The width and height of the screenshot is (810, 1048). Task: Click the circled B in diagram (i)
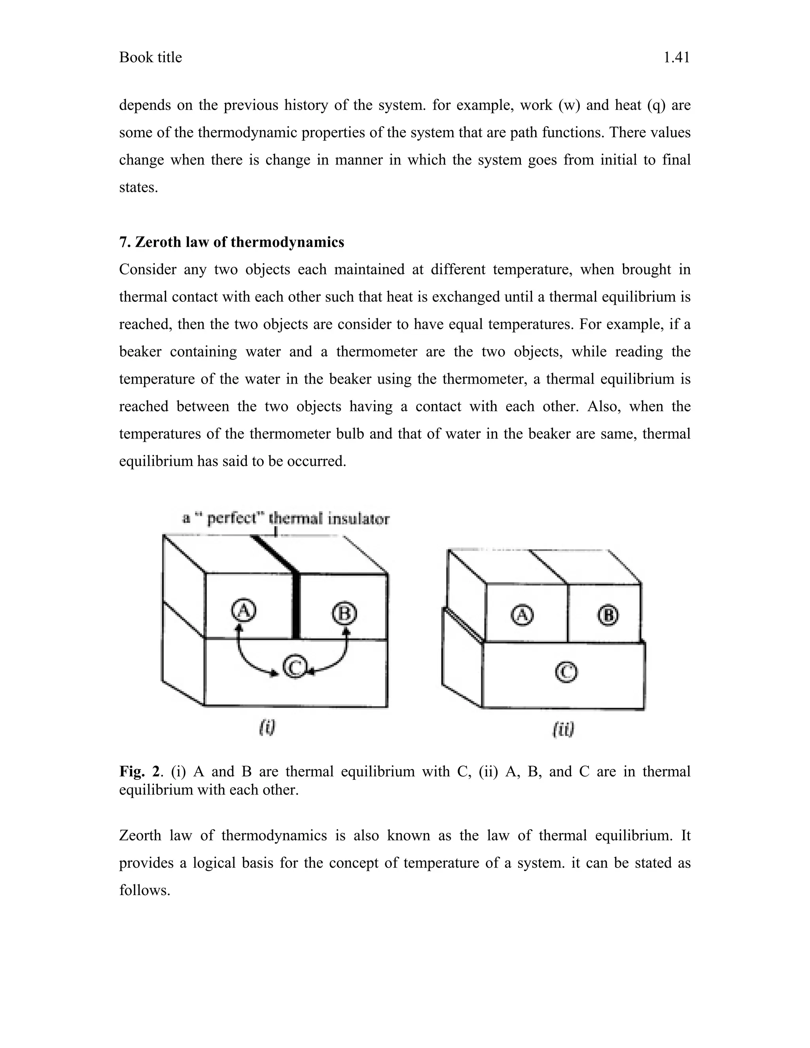point(344,614)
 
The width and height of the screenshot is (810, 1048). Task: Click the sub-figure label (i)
point(267,728)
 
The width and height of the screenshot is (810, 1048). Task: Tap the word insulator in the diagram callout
point(358,519)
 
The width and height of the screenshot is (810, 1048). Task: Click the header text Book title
point(150,58)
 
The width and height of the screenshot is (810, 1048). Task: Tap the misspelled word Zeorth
point(140,835)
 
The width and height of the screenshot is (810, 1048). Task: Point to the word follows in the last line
point(144,890)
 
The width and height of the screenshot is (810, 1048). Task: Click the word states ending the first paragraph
point(138,187)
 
